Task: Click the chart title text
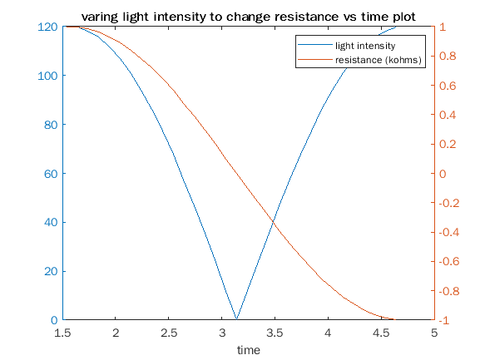[x=248, y=17]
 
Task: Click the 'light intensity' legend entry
[x=364, y=46]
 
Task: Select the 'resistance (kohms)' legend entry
[x=379, y=61]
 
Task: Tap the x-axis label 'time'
[x=248, y=350]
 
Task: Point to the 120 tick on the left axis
[x=47, y=27]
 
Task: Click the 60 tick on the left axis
[x=51, y=174]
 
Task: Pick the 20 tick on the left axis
[x=51, y=271]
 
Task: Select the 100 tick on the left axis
[x=47, y=76]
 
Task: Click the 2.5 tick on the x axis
[x=169, y=333]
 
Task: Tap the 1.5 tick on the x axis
[x=62, y=333]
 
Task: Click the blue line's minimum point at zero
[x=237, y=319]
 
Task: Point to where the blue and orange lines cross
[x=273, y=219]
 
